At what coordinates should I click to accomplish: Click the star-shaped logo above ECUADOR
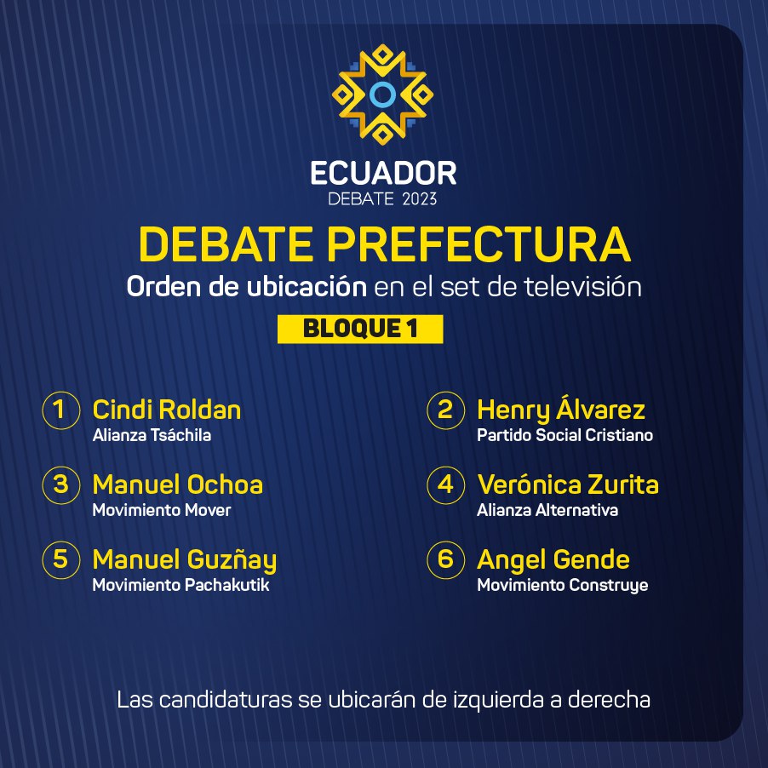click(382, 95)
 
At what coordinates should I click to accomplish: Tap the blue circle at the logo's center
click(382, 95)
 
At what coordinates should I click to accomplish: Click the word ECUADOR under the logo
click(383, 174)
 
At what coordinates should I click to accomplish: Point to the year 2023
click(419, 199)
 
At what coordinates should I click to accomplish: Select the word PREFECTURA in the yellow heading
click(479, 244)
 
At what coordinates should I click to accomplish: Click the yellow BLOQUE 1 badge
click(360, 329)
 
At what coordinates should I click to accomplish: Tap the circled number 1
click(60, 410)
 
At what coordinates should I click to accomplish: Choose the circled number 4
click(445, 485)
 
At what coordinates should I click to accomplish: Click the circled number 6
click(445, 560)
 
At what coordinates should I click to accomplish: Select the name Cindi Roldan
click(167, 410)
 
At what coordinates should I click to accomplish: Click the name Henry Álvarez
click(561, 409)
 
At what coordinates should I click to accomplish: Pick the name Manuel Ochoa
click(177, 484)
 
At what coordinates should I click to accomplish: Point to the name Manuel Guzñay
click(185, 560)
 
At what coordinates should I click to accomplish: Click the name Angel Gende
click(553, 560)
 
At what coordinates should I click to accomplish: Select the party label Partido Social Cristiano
click(565, 435)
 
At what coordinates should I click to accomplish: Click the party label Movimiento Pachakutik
click(181, 585)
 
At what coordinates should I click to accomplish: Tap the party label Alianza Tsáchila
click(152, 435)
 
